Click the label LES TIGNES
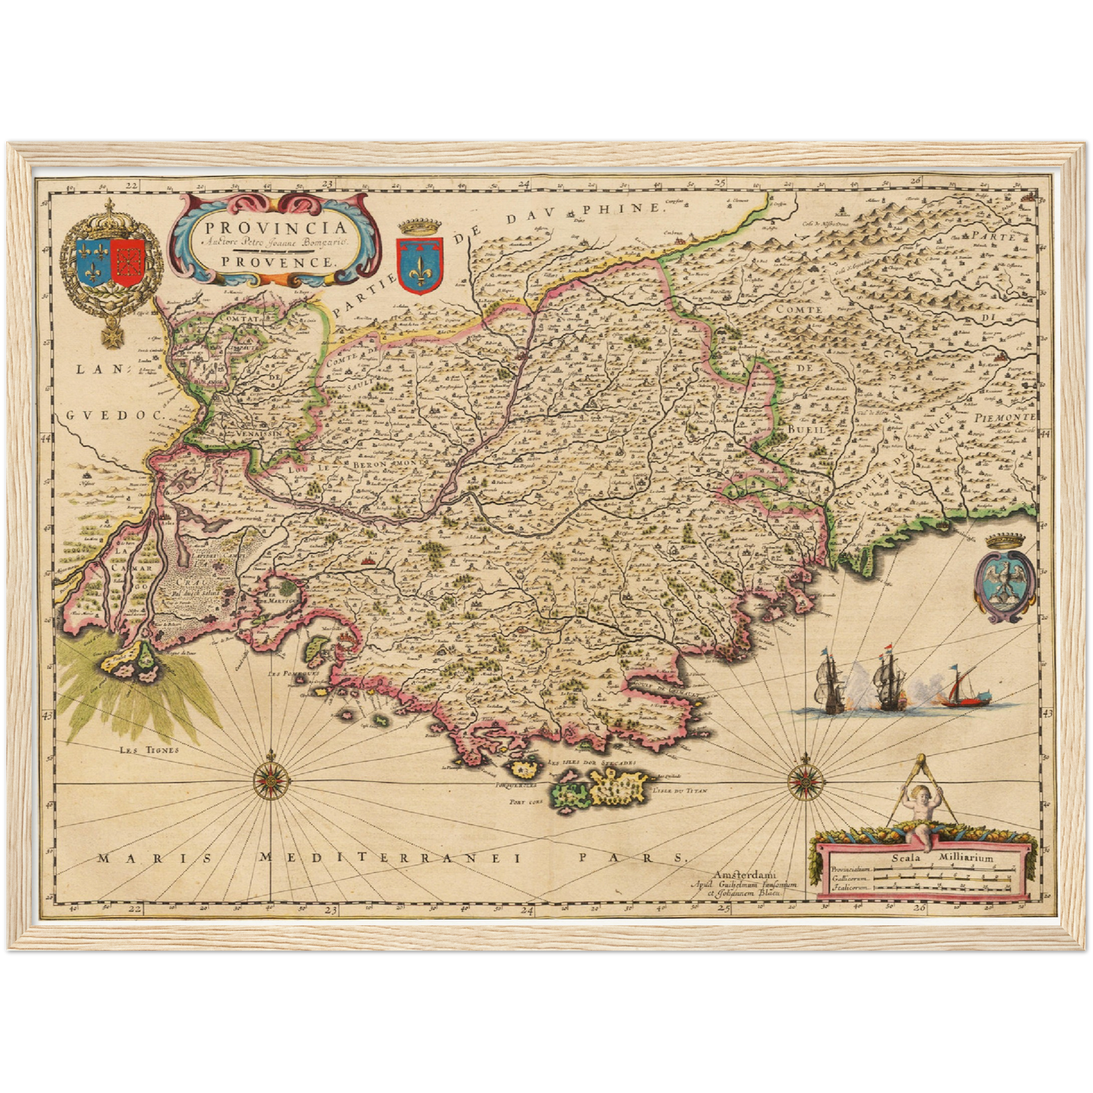click(149, 750)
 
